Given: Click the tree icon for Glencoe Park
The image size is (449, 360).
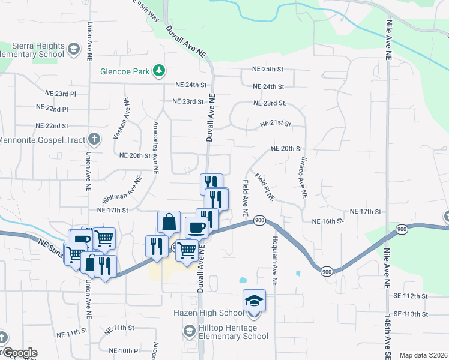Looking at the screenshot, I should [x=159, y=71].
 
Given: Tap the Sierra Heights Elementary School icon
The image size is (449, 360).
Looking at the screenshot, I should [x=74, y=49].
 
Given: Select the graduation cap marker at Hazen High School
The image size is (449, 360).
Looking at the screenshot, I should [x=254, y=299].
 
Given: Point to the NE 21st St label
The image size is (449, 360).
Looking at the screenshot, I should [x=276, y=124].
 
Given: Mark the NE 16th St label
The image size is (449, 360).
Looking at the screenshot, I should [x=327, y=221].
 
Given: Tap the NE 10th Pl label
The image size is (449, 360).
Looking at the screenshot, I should [x=124, y=350].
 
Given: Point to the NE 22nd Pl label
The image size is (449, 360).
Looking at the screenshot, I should [x=53, y=109].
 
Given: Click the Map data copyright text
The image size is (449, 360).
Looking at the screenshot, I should [x=423, y=355].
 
